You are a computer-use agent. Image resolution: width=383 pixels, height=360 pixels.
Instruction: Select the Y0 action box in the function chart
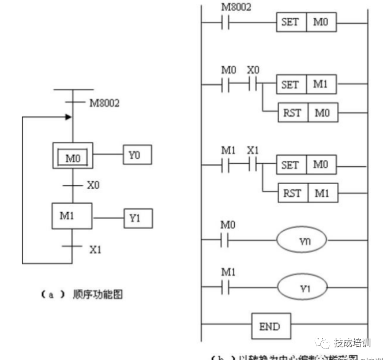[x=138, y=156]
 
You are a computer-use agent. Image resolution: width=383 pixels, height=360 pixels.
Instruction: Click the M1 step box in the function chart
[x=72, y=217]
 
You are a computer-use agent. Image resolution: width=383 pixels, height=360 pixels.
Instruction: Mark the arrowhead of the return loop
[x=69, y=117]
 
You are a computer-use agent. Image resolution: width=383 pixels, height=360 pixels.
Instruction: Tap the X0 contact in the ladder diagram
[x=253, y=85]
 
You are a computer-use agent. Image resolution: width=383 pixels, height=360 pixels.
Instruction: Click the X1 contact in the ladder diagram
[x=253, y=165]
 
